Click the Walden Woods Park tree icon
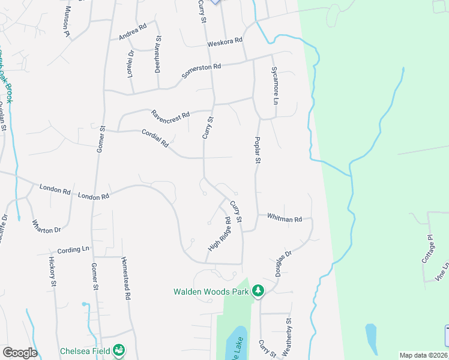[258, 291]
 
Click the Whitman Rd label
[285, 219]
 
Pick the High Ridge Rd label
[219, 234]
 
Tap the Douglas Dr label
[283, 263]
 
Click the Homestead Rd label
[126, 279]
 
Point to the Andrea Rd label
[133, 32]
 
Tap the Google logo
[19, 353]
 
